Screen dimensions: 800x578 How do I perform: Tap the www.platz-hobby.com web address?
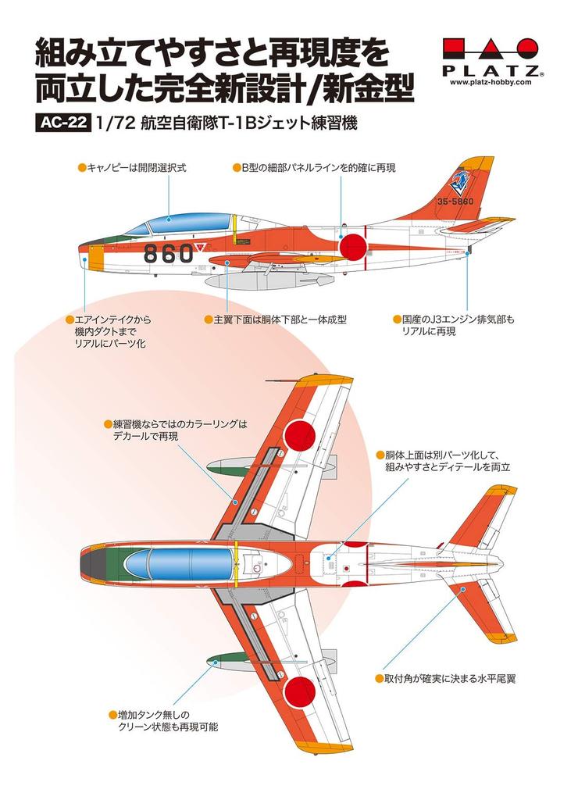pyautogui.click(x=491, y=81)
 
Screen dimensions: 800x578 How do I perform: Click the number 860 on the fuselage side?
pyautogui.click(x=169, y=252)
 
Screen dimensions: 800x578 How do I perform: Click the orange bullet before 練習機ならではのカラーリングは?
pyautogui.click(x=108, y=424)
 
